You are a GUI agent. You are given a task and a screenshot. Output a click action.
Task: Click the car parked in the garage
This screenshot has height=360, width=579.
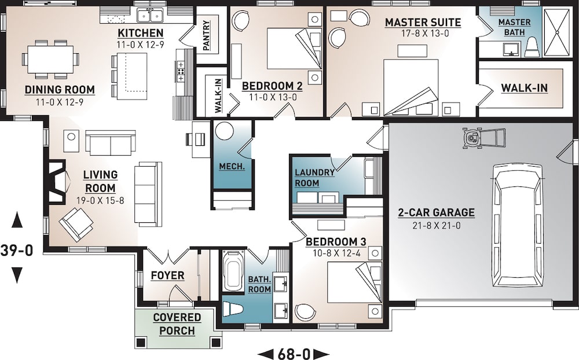(x=517, y=225)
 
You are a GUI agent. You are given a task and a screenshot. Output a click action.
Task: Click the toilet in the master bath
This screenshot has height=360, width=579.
(x=531, y=48)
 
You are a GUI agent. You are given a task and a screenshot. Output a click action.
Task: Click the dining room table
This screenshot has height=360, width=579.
(x=50, y=59)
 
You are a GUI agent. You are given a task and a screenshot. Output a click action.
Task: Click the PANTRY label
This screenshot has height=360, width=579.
(x=206, y=35)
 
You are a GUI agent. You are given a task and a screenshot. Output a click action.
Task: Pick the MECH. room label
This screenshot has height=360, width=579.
(x=232, y=166)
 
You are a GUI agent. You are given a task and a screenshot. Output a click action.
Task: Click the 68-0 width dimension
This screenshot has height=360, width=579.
(x=292, y=353)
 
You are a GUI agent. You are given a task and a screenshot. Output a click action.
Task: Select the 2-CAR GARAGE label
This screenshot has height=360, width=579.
(x=436, y=212)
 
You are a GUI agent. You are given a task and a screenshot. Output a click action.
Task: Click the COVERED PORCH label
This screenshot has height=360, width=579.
(x=177, y=324)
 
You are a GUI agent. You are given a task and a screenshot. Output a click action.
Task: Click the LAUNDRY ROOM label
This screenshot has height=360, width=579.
(x=314, y=177)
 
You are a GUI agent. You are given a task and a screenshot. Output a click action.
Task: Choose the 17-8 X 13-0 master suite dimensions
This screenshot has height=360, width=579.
(x=423, y=34)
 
